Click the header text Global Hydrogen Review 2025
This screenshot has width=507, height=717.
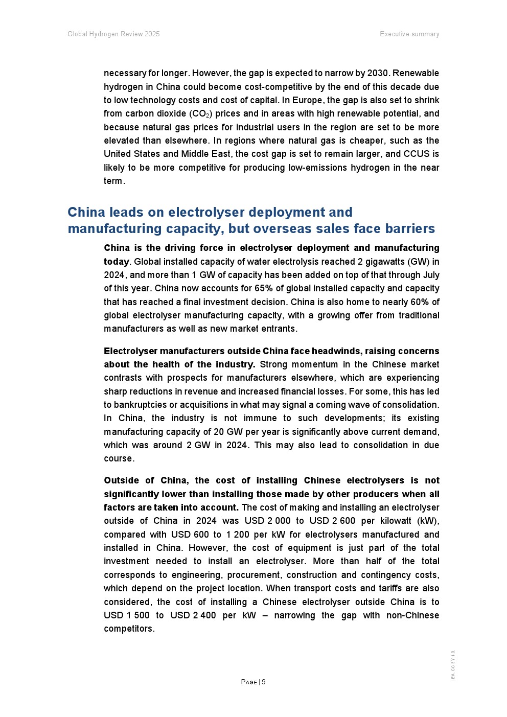pyautogui.click(x=113, y=34)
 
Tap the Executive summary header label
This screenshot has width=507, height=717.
pyautogui.click(x=409, y=34)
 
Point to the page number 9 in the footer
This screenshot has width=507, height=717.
pyautogui.click(x=264, y=682)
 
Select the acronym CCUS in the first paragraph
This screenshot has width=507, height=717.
pyautogui.click(x=417, y=154)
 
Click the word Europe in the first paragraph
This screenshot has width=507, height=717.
pyautogui.click(x=307, y=101)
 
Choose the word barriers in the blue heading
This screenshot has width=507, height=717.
pyautogui.click(x=408, y=228)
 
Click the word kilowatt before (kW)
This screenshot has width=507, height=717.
pyautogui.click(x=397, y=521)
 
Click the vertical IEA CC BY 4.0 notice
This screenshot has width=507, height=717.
pyautogui.click(x=453, y=665)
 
